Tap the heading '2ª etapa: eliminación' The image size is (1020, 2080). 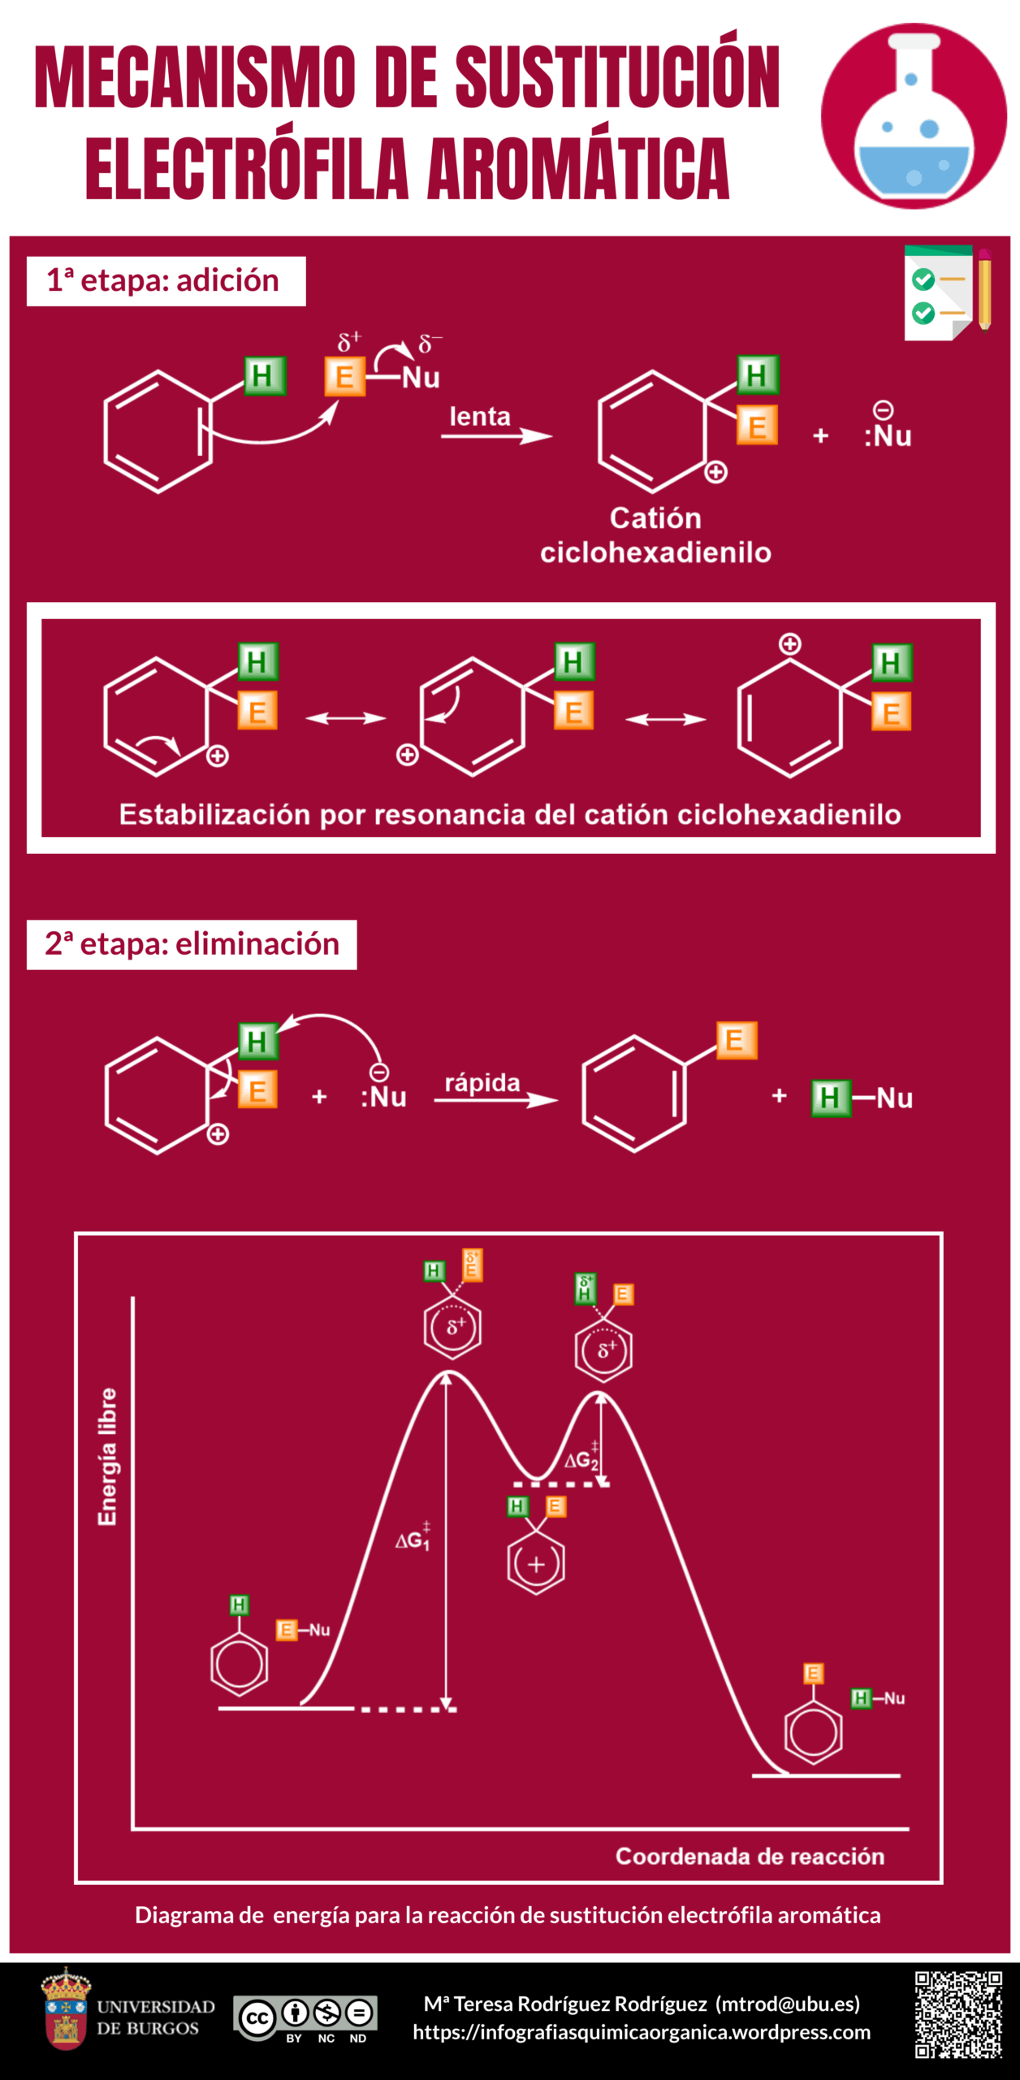tap(192, 944)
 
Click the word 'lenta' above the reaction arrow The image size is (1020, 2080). tap(480, 417)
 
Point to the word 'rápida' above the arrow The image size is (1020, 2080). tap(482, 1082)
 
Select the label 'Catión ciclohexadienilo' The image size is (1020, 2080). tap(655, 535)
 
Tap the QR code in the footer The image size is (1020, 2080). tap(958, 2015)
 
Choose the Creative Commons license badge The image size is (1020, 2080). tap(305, 2018)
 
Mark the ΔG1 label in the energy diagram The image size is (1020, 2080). tap(413, 1539)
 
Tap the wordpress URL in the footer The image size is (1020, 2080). tap(642, 2032)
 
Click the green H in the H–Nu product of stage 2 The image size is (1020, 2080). tap(829, 1098)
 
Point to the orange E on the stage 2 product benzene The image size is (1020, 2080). tap(737, 1040)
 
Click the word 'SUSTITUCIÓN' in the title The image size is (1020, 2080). tap(617, 78)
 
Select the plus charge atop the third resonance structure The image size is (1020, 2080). tap(789, 644)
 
